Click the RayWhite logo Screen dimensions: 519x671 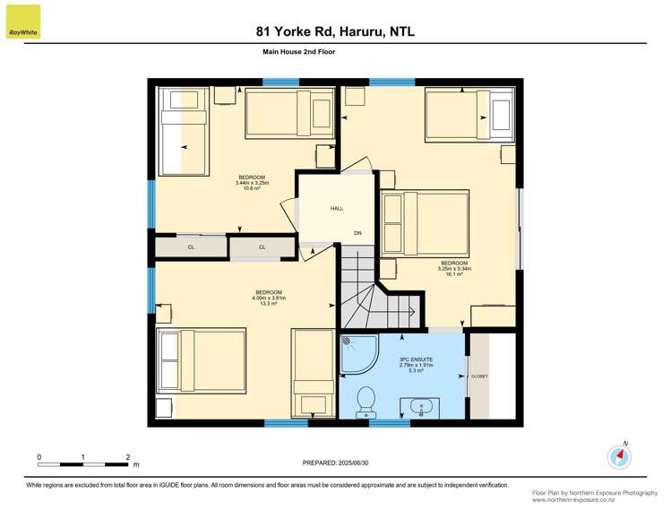(22, 22)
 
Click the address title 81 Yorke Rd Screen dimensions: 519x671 (335, 31)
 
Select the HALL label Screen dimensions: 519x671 (337, 208)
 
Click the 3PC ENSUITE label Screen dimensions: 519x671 (415, 365)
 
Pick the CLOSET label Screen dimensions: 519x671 (479, 376)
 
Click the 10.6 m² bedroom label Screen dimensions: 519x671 (252, 183)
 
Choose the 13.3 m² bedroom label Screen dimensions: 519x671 (269, 298)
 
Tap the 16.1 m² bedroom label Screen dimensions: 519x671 (454, 268)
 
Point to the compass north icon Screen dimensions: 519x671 (619, 456)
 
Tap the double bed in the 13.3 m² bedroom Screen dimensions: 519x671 (202, 361)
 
